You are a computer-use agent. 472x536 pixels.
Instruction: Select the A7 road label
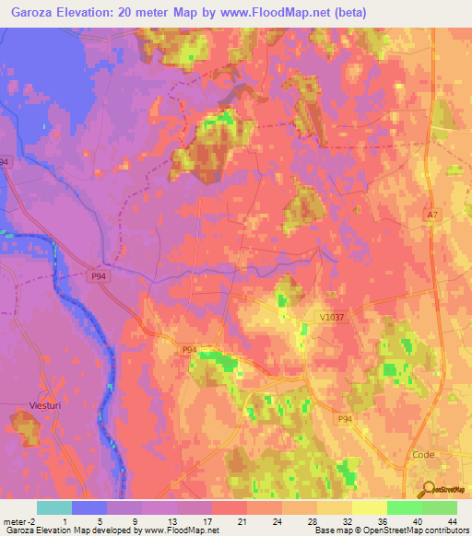click(432, 215)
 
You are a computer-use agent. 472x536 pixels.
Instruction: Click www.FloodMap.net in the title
click(286, 12)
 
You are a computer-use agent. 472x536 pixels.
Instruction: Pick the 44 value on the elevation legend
click(451, 520)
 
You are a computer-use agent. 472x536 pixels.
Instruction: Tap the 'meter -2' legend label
click(18, 520)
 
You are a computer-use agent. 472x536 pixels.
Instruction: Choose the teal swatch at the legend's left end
click(53, 507)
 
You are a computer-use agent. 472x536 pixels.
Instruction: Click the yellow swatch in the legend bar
click(369, 507)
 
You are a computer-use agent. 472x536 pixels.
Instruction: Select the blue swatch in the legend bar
click(88, 507)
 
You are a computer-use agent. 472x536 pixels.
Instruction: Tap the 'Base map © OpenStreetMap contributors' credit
click(390, 530)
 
